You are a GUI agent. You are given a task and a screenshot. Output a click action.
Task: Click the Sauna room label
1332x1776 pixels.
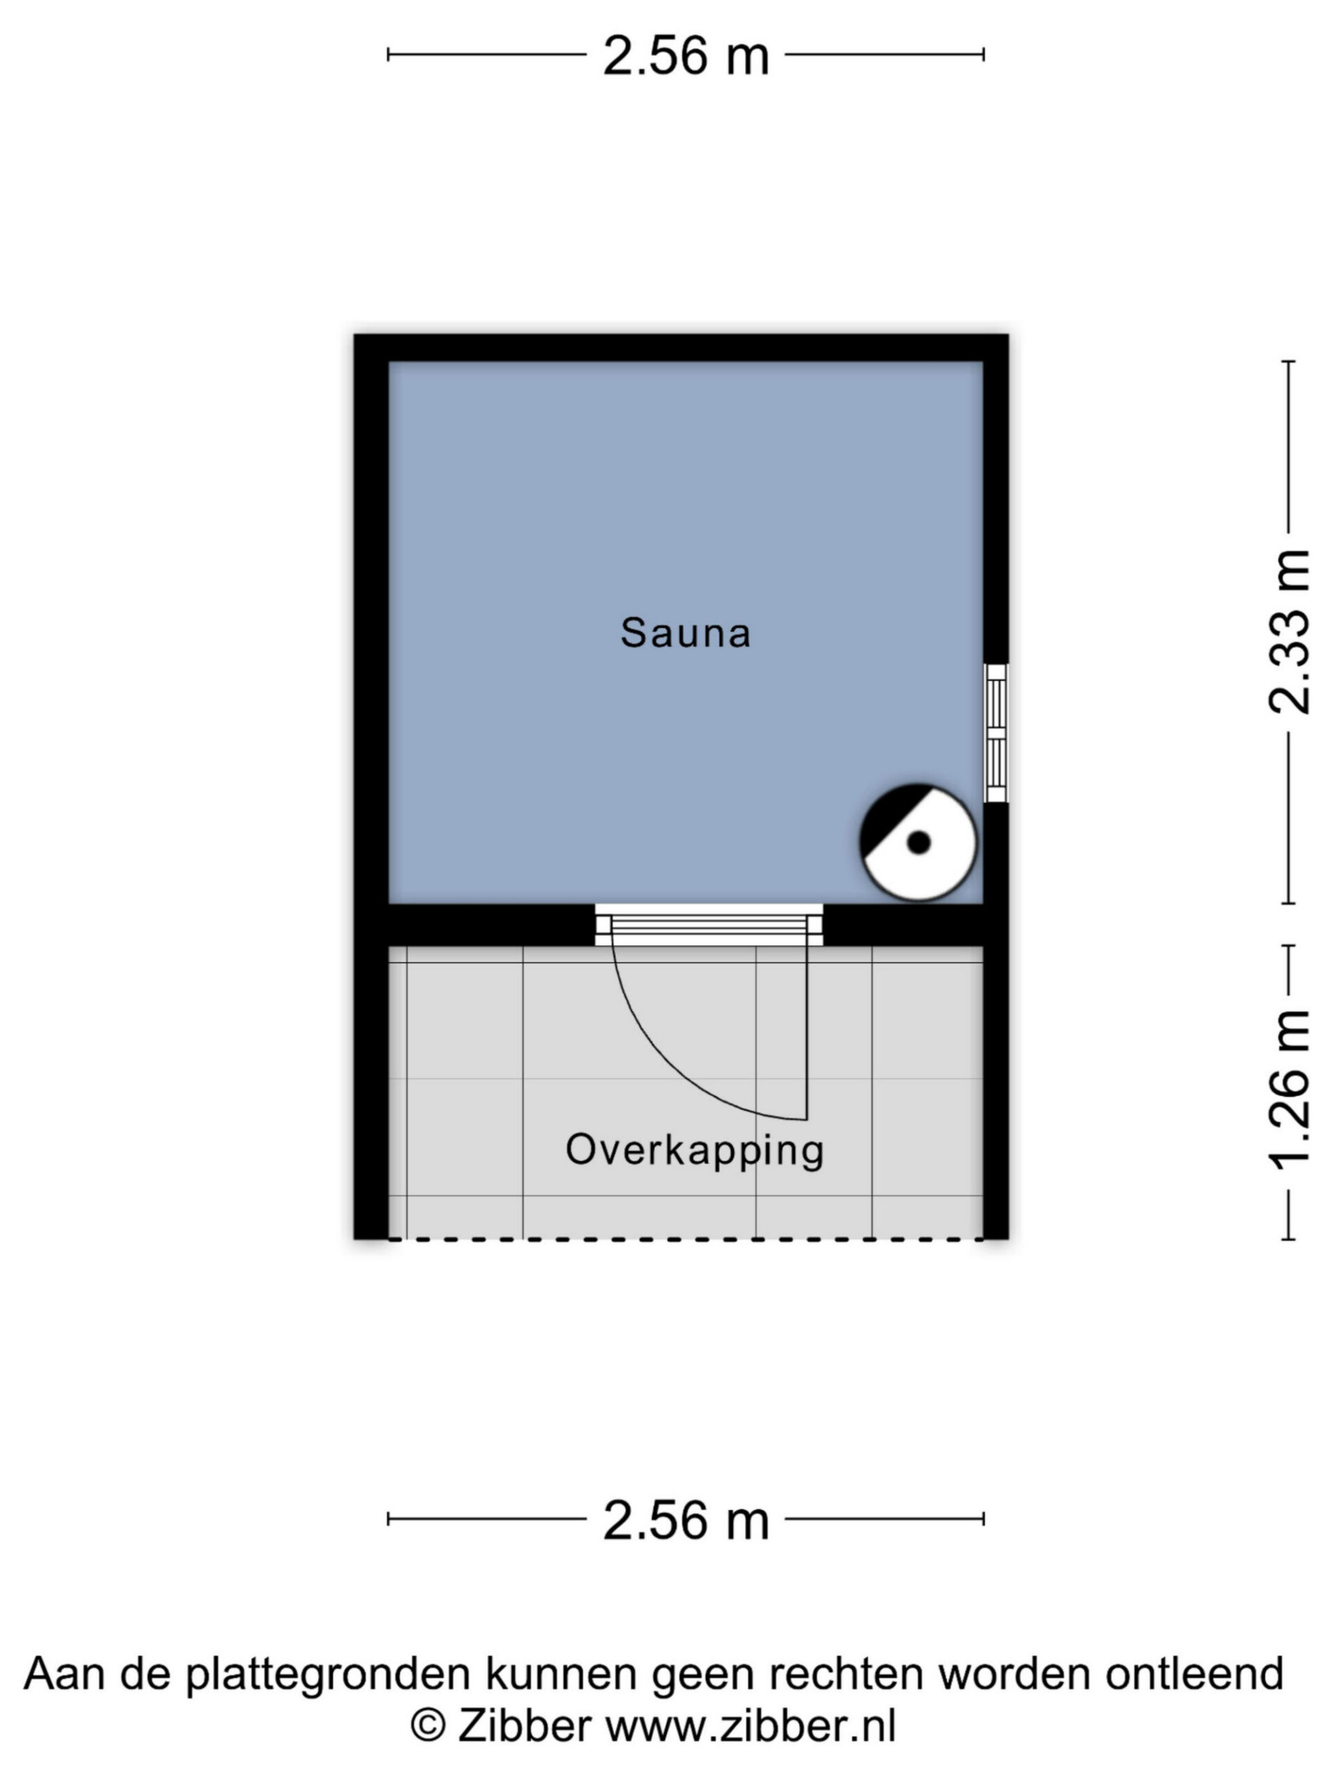point(685,633)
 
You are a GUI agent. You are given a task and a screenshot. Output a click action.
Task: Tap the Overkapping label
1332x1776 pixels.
point(694,1150)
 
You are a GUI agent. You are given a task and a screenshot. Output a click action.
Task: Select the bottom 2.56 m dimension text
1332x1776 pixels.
point(685,1521)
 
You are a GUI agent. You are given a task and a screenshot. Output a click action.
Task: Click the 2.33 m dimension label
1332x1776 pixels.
point(1289,632)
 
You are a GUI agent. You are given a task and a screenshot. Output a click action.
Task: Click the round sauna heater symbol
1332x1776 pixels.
point(918,842)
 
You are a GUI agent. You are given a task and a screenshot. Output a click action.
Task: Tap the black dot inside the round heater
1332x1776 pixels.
point(919,843)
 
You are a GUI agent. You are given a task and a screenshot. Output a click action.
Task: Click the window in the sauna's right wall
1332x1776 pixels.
point(996,733)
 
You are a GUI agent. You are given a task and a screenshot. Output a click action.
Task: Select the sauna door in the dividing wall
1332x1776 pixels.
point(709,925)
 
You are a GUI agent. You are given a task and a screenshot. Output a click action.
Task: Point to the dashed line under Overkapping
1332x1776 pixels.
point(685,1240)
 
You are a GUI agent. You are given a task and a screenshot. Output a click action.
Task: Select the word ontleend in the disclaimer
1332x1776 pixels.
point(1195,1673)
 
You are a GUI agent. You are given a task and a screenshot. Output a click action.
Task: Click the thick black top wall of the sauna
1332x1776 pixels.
point(681,348)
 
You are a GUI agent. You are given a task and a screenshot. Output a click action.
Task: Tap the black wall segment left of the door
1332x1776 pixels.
point(491,925)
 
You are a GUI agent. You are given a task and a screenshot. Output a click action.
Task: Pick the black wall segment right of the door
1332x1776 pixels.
point(904,925)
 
